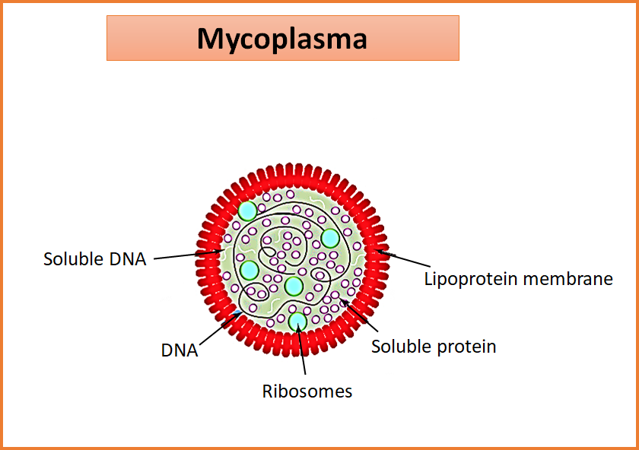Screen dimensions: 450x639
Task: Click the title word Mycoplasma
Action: pyautogui.click(x=281, y=38)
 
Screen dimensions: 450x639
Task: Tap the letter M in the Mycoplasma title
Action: pyautogui.click(x=210, y=38)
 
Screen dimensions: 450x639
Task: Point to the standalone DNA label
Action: pyautogui.click(x=180, y=350)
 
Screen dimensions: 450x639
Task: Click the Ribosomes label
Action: pyautogui.click(x=307, y=391)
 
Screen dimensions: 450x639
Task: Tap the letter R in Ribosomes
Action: pyautogui.click(x=268, y=391)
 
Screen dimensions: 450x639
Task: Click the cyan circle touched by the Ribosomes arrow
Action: pyautogui.click(x=297, y=321)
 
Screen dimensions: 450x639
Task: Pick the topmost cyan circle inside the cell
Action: pyautogui.click(x=247, y=211)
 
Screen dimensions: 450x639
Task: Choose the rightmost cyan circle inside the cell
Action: pyautogui.click(x=330, y=238)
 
